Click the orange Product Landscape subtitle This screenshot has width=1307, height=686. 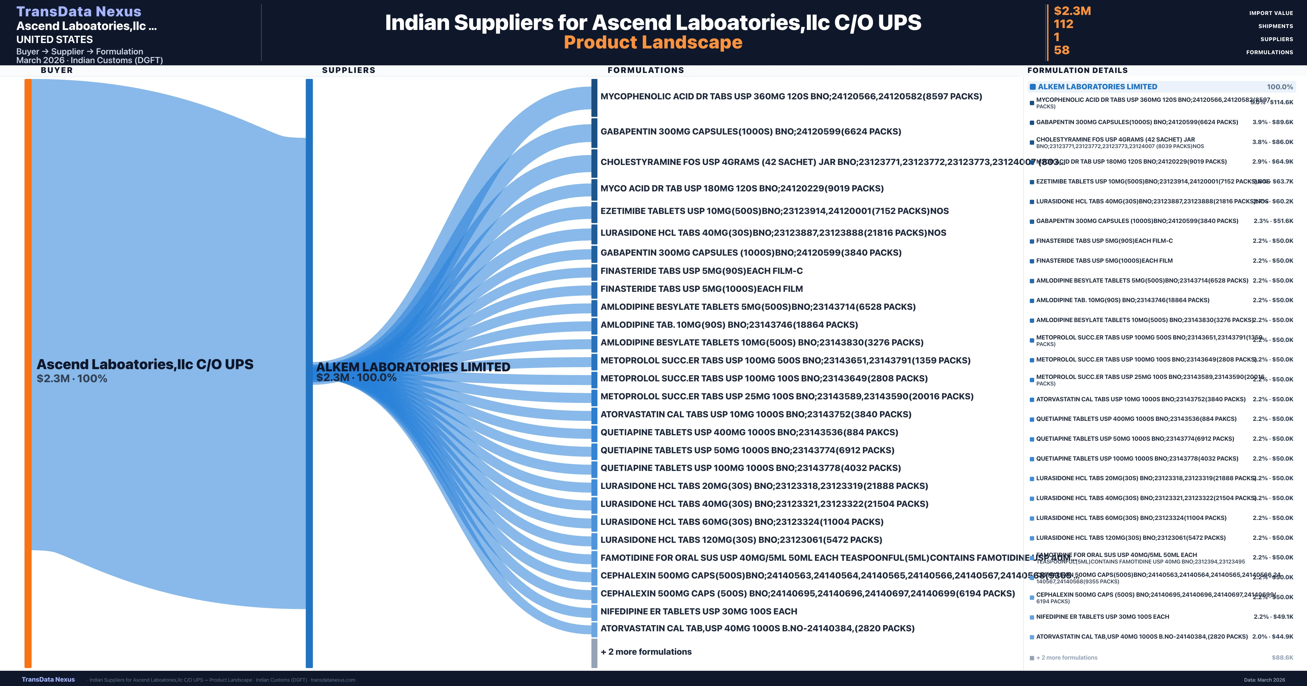(x=653, y=43)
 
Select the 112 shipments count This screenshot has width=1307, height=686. (x=1064, y=24)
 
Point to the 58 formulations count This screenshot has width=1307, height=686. (x=1061, y=50)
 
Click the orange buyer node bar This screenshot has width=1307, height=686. (x=28, y=373)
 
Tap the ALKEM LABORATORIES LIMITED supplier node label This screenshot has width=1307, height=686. (x=413, y=367)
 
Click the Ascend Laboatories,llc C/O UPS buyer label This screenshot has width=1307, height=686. (x=145, y=364)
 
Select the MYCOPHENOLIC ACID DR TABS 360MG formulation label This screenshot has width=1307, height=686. (x=790, y=96)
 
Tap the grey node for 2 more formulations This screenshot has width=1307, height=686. (x=594, y=653)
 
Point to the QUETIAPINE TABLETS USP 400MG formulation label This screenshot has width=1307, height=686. (x=749, y=432)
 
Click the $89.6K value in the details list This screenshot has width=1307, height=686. (x=1283, y=122)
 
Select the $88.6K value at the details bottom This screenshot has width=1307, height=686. (x=1282, y=658)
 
